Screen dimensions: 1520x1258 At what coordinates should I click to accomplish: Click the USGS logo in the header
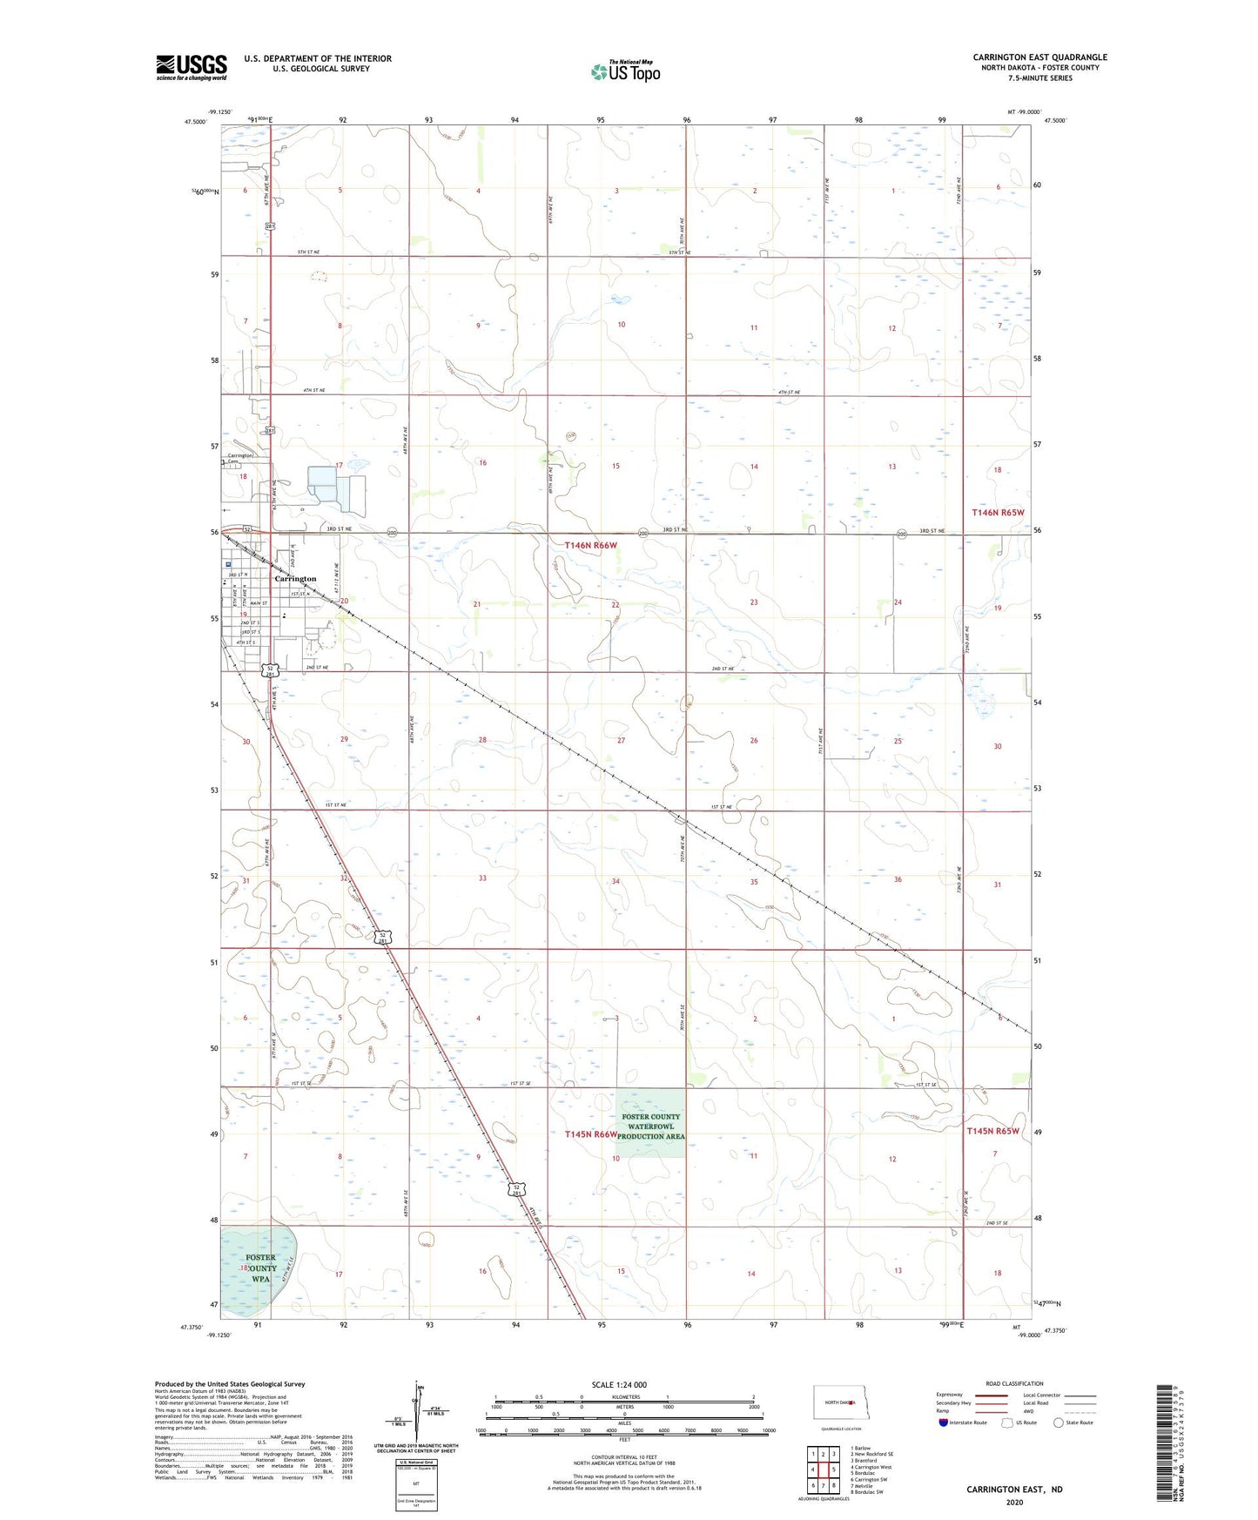click(x=192, y=66)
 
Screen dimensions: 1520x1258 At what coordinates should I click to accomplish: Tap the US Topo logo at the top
click(x=624, y=71)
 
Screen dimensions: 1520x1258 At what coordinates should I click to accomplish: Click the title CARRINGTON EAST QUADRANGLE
click(x=1039, y=57)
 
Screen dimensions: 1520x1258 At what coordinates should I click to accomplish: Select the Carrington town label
click(x=295, y=579)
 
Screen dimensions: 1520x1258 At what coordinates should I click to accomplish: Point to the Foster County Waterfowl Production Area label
click(x=651, y=1127)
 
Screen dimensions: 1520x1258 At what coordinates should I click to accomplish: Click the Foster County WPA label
click(x=260, y=1268)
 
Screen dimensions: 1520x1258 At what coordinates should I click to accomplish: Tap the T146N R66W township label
click(x=590, y=545)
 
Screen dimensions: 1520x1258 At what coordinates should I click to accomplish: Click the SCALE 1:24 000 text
click(x=619, y=1384)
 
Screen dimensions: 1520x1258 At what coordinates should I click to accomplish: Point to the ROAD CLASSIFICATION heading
click(x=1014, y=1383)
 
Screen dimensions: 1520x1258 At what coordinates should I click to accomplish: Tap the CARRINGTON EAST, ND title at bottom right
click(x=1014, y=1490)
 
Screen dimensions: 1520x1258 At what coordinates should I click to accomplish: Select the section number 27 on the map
click(x=621, y=740)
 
